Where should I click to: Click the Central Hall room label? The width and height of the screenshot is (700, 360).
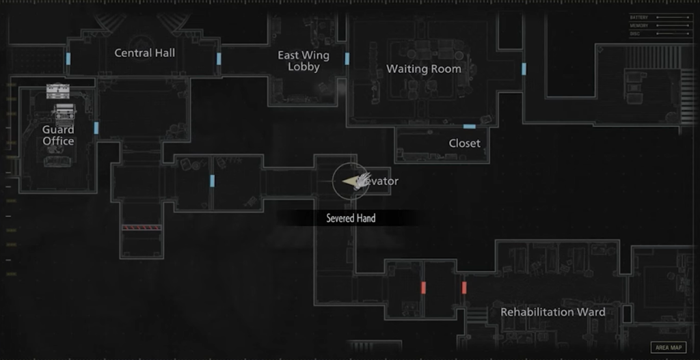144,53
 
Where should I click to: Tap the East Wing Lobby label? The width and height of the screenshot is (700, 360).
303,61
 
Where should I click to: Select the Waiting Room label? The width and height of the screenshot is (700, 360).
423,69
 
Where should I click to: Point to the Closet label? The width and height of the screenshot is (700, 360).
464,143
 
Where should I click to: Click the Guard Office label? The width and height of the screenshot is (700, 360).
58,135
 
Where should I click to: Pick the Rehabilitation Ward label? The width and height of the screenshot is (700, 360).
552,312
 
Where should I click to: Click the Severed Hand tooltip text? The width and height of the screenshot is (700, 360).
351,219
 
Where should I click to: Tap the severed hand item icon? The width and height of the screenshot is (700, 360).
354,181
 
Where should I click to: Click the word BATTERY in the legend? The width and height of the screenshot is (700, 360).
638,17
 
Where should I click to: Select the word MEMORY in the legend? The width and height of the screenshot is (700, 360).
638,25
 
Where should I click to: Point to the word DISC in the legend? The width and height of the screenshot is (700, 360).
635,33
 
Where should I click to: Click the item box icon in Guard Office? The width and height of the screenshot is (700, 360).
58,90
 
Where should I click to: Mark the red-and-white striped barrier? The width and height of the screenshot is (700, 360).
142,227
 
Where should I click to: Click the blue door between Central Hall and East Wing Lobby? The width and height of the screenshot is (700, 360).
219,59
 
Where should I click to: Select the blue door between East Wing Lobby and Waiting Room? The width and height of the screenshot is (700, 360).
347,59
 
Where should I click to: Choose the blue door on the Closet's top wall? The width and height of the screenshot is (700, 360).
469,126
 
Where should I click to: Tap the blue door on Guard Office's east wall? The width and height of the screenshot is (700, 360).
96,128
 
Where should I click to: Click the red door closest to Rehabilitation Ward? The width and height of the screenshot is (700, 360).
464,288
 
